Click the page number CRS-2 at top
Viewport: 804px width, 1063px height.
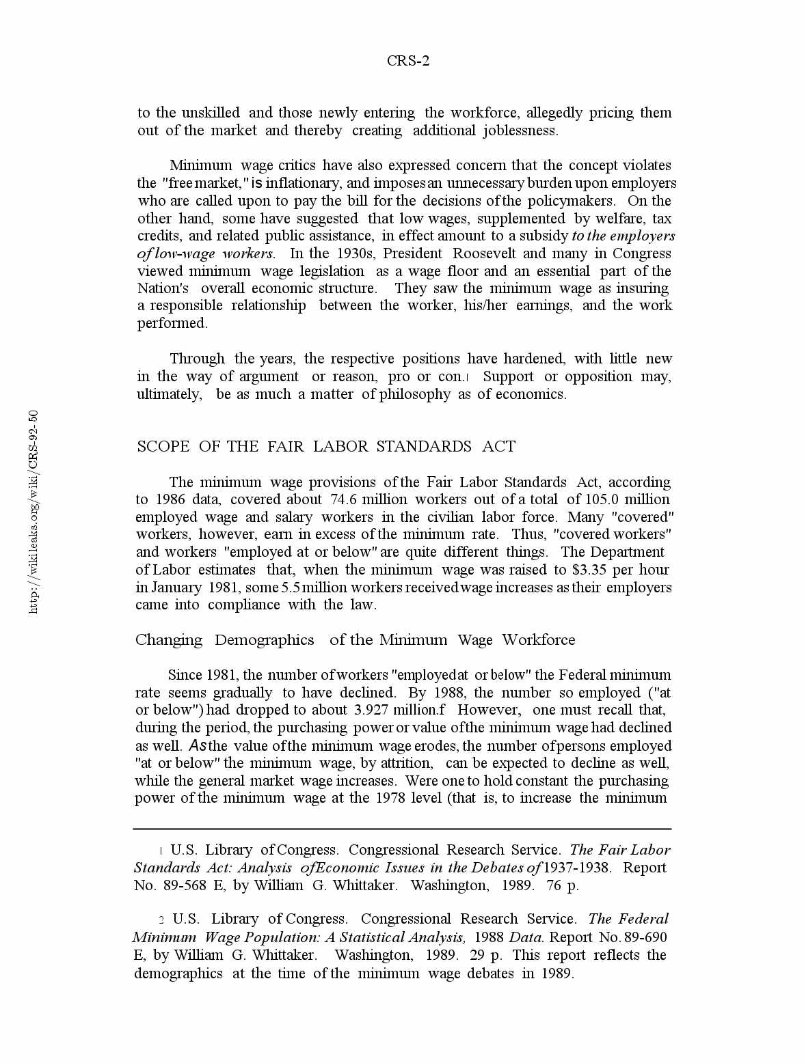[408, 61]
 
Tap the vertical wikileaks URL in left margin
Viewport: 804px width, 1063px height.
[33, 512]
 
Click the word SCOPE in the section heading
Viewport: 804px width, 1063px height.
[163, 447]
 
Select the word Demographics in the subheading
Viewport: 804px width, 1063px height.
[265, 640]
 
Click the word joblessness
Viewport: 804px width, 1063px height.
[520, 130]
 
